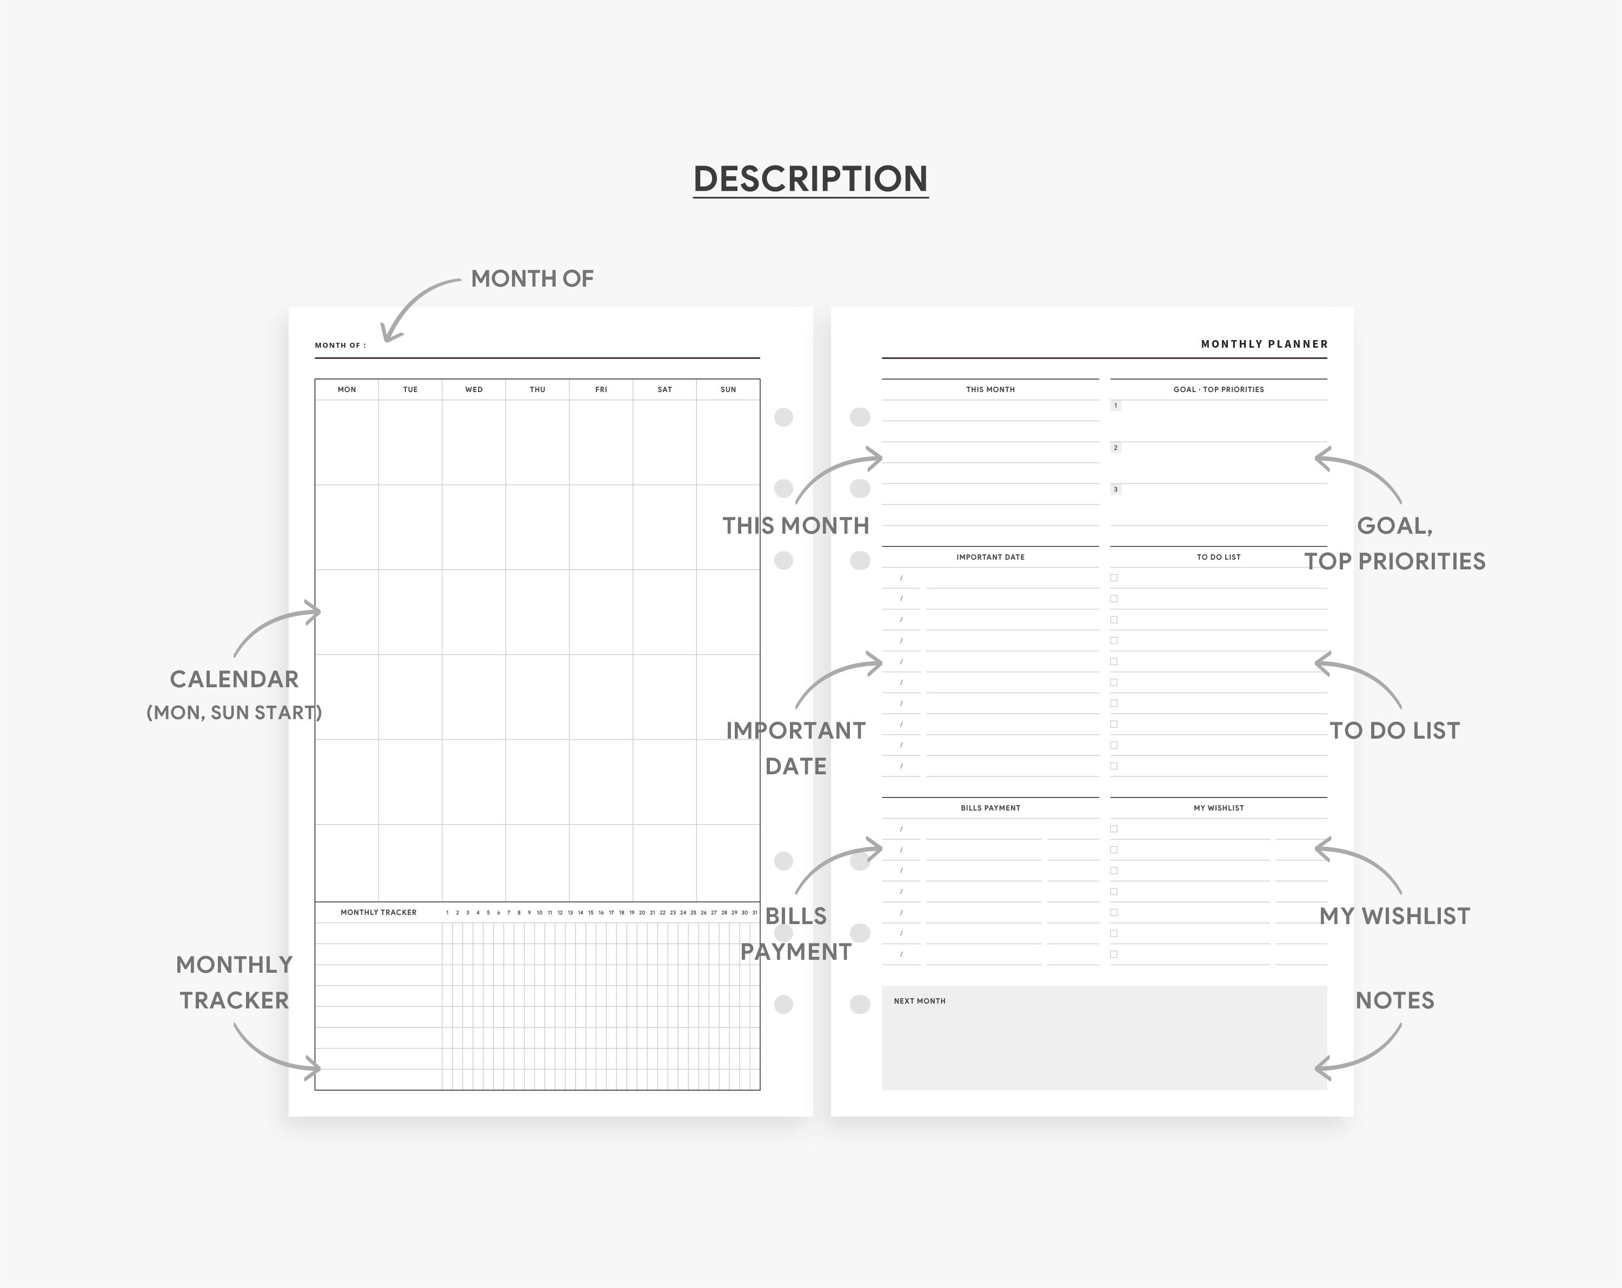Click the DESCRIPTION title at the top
810,179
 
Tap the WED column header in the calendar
474,390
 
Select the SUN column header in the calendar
728,390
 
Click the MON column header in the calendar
347,390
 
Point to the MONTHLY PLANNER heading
1265,344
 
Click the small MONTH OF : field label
340,346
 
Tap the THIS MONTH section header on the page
990,390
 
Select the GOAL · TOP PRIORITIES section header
1219,390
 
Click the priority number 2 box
1116,448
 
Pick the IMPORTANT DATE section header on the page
990,557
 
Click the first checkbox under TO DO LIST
1114,578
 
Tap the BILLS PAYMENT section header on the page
990,808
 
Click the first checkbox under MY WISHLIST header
1114,829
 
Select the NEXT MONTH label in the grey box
919,1001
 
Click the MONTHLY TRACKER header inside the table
378,913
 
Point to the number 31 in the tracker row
755,913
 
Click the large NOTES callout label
1395,1001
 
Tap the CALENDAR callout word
234,679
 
